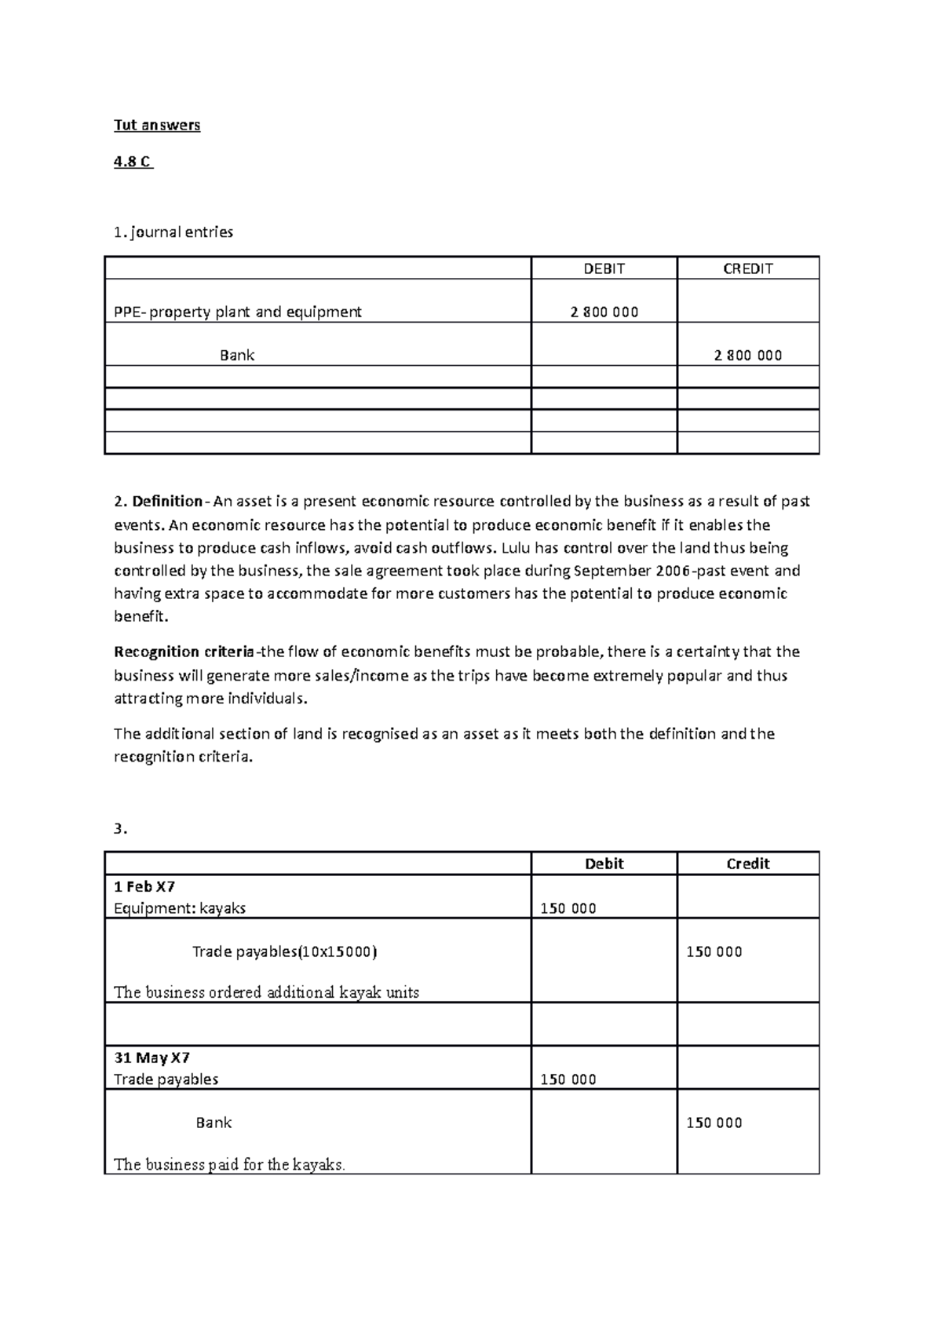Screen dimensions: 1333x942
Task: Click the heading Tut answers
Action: [x=157, y=125]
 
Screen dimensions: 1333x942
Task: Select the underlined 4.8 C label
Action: [x=133, y=162]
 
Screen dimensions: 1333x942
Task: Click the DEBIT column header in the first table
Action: [x=604, y=268]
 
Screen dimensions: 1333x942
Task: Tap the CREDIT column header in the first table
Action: [x=747, y=268]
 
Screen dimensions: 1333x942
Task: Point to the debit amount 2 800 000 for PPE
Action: [x=604, y=312]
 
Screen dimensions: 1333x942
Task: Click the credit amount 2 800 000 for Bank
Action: [x=747, y=355]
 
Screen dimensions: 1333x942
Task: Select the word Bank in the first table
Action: [x=237, y=355]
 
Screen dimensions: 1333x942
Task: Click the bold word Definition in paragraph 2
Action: [x=167, y=501]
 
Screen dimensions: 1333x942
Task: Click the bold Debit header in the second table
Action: [x=604, y=864]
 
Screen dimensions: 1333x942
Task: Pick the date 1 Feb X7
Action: [x=144, y=886]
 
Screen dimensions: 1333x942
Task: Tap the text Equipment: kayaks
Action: [x=180, y=908]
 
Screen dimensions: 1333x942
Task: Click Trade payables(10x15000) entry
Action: [x=284, y=951]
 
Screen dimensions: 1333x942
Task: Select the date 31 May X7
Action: [x=152, y=1057]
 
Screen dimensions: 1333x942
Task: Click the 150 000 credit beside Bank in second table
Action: [x=714, y=1123]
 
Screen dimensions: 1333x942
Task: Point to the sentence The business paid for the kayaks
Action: [x=229, y=1164]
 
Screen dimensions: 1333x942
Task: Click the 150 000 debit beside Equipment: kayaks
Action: [x=568, y=908]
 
